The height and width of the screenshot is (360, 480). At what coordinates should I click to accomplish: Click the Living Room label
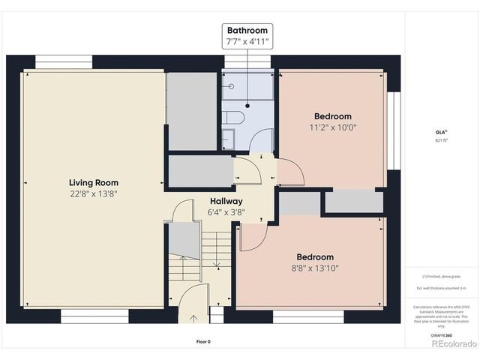(x=93, y=182)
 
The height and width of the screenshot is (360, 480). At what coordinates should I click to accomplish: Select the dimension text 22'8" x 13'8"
(x=93, y=193)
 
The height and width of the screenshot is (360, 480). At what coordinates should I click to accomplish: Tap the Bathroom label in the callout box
(x=247, y=31)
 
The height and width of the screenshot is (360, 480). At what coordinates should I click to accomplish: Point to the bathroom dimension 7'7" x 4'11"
(x=247, y=42)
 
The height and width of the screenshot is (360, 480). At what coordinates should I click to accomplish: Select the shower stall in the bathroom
(x=247, y=87)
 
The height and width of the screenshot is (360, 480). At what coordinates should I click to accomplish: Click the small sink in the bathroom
(x=229, y=139)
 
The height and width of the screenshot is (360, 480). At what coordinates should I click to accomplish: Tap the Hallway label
(x=226, y=201)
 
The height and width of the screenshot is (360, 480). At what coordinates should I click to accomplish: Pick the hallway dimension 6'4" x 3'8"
(x=226, y=212)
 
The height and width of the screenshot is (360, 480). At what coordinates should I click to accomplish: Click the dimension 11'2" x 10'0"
(x=332, y=127)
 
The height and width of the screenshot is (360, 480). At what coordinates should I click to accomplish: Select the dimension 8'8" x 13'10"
(x=314, y=268)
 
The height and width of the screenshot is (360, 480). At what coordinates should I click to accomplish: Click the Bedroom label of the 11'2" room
(x=332, y=116)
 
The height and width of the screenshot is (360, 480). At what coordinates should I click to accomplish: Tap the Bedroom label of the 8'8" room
(x=314, y=256)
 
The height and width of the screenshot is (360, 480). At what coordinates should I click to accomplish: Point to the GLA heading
(x=439, y=131)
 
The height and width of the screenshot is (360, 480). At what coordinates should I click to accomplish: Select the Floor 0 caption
(x=202, y=342)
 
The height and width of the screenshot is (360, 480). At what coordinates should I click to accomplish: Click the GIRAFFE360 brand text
(x=441, y=335)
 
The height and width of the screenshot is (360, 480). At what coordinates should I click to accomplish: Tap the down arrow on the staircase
(x=217, y=262)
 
